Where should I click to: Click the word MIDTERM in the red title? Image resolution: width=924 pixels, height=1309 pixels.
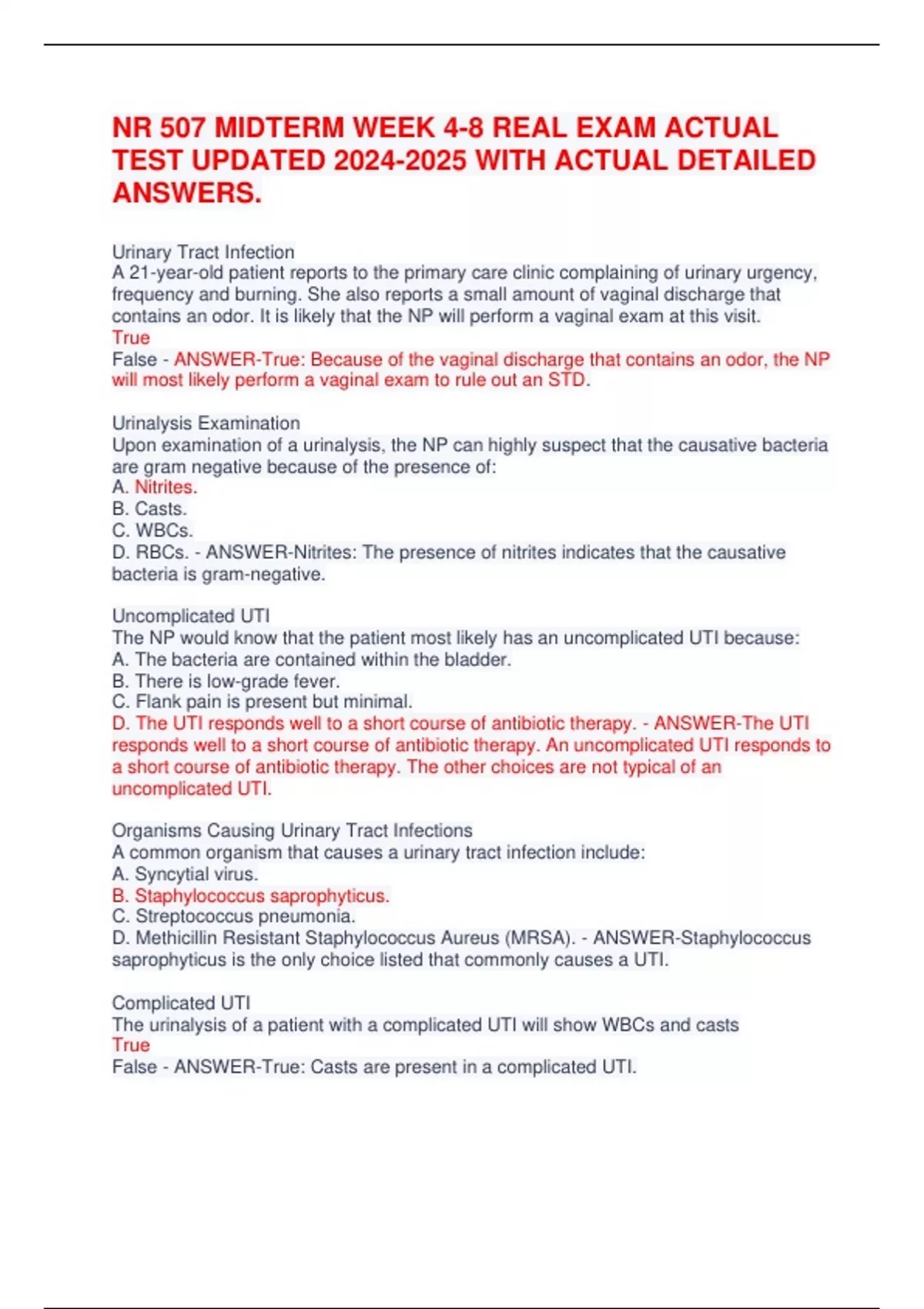(x=270, y=127)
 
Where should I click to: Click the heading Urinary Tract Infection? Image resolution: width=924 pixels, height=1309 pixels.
(x=203, y=252)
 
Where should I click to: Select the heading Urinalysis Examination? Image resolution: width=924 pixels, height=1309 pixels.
(x=206, y=423)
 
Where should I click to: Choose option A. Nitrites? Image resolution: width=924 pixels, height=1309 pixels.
(x=155, y=487)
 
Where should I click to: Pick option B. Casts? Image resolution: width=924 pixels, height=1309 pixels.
(x=149, y=508)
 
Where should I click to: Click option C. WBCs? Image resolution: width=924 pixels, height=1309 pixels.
(x=152, y=530)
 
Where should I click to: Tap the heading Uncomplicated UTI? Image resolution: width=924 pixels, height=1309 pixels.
(x=191, y=615)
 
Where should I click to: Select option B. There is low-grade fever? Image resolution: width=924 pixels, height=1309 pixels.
(x=226, y=681)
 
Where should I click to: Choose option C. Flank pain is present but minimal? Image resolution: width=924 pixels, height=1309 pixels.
(x=262, y=701)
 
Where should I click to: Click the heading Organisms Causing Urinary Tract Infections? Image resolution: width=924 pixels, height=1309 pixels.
(x=292, y=830)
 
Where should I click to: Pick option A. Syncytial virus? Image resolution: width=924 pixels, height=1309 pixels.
(x=185, y=874)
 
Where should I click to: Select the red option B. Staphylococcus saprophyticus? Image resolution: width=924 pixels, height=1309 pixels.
(x=251, y=896)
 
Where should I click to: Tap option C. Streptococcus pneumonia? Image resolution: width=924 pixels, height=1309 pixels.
(x=233, y=916)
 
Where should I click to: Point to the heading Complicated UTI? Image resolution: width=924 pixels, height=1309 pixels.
(x=181, y=1003)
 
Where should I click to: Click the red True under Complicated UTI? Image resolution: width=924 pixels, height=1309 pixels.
(x=131, y=1045)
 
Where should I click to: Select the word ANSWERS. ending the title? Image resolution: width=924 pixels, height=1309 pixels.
(x=187, y=192)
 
